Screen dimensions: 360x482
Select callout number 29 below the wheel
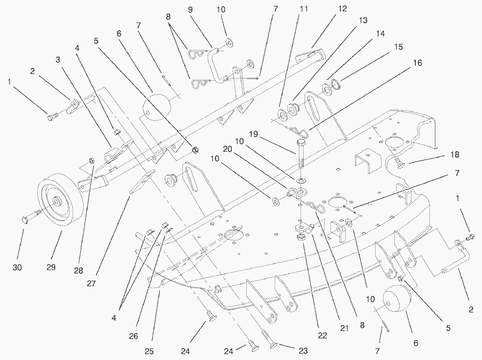(51, 267)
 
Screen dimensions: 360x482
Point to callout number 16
(418, 63)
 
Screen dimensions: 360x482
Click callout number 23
(303, 351)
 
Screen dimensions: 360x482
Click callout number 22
(323, 336)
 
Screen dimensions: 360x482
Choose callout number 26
(133, 336)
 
